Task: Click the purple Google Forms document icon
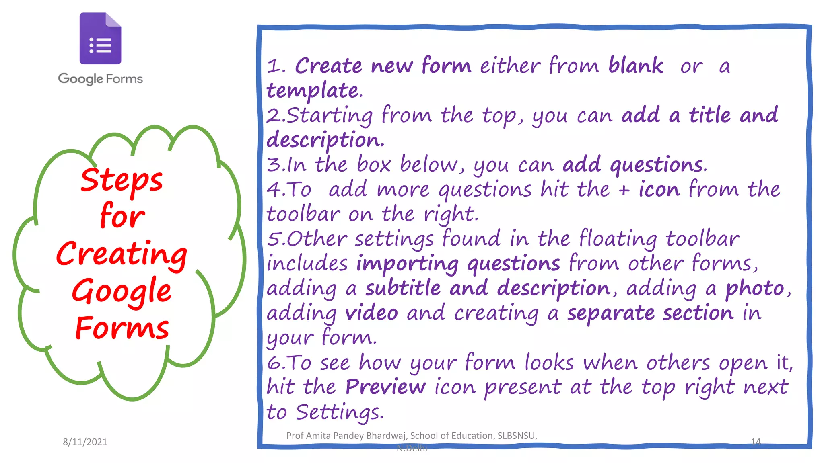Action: [x=100, y=39]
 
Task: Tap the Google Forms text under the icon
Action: [x=100, y=78]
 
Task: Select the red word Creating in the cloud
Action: [x=122, y=254]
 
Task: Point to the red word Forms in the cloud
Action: [x=122, y=328]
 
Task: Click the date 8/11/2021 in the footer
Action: [x=85, y=442]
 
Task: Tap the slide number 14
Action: [x=756, y=442]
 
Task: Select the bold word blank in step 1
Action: [x=635, y=66]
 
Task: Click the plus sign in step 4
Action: [x=624, y=190]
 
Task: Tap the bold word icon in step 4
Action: [x=659, y=189]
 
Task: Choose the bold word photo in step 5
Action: [x=755, y=288]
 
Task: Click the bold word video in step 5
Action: [x=371, y=313]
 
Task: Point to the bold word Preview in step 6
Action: [x=385, y=387]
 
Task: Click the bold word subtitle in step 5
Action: [x=403, y=288]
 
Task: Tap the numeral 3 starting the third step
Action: [x=274, y=165]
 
